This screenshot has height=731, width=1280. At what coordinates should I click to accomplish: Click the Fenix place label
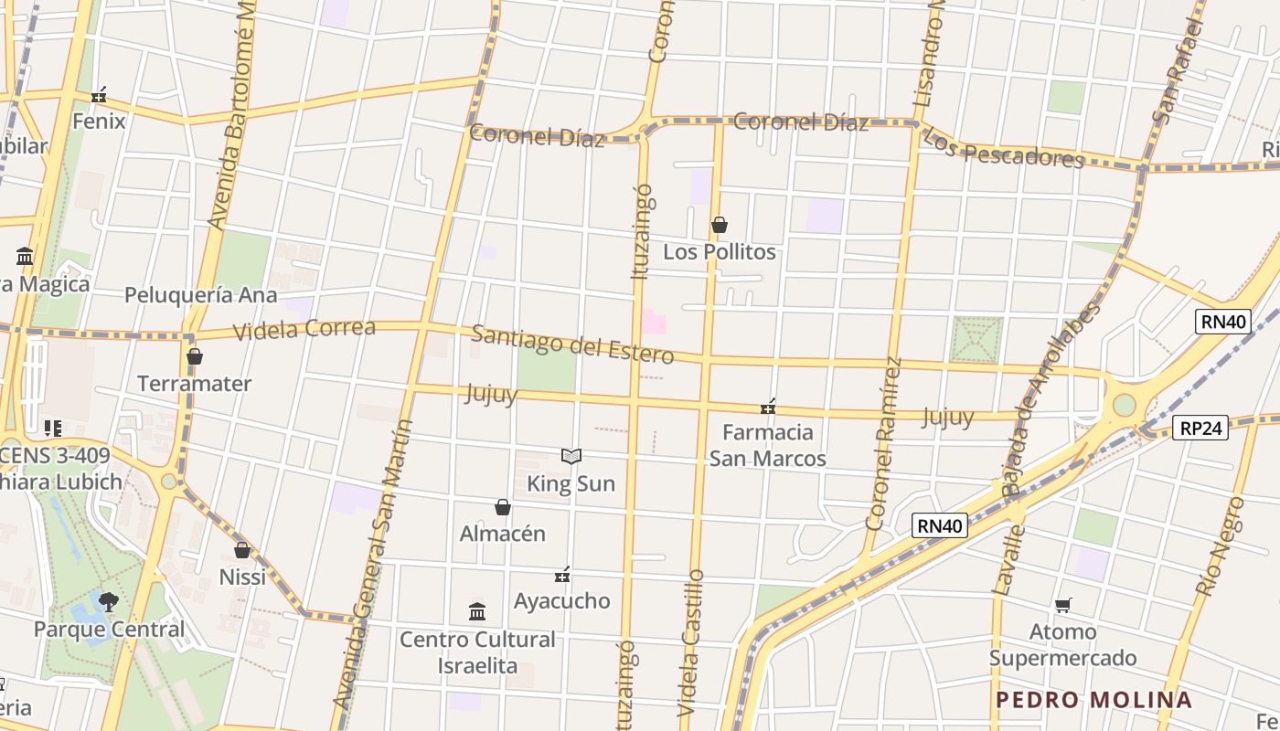tap(99, 121)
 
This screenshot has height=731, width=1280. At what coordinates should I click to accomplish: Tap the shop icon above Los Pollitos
tap(720, 225)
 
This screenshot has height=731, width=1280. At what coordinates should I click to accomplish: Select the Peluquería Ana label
tap(200, 295)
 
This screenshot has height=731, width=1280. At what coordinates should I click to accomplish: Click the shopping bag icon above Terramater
tap(194, 356)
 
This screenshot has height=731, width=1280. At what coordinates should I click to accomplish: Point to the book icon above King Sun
tap(571, 456)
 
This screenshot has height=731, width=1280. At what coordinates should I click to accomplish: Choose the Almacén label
tap(502, 534)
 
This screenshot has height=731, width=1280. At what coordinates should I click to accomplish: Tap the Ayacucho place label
tap(561, 601)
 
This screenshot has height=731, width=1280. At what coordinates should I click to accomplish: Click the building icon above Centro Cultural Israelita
tap(477, 611)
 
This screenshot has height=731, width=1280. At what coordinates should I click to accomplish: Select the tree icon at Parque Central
tap(109, 602)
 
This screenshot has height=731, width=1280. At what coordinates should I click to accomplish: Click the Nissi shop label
tap(242, 577)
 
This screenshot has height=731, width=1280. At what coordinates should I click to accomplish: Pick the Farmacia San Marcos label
tap(768, 445)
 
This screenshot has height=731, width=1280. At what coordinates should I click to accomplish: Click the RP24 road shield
tap(1200, 428)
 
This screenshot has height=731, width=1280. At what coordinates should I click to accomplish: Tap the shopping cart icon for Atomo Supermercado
tap(1062, 605)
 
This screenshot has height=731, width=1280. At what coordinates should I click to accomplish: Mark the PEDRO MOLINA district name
tap(1093, 701)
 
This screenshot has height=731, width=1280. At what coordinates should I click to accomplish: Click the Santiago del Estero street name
tap(572, 344)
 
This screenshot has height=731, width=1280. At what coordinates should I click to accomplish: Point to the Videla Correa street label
tap(304, 329)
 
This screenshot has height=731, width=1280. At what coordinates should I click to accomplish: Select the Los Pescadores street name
tap(1002, 149)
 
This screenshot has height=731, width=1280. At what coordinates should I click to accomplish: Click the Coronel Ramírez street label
tap(884, 443)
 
